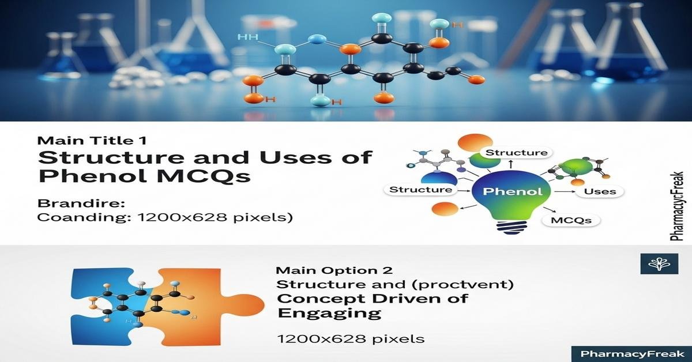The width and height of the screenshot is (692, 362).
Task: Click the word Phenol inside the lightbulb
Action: pyautogui.click(x=507, y=191)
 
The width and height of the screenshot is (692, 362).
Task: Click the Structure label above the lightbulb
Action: pyautogui.click(x=516, y=153)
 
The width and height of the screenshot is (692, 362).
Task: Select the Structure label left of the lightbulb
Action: pyautogui.click(x=421, y=189)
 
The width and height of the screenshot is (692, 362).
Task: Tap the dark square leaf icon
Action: pyautogui.click(x=655, y=264)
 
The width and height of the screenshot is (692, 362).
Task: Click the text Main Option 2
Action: pyautogui.click(x=334, y=270)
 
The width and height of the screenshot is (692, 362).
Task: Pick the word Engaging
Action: pyautogui.click(x=329, y=313)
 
